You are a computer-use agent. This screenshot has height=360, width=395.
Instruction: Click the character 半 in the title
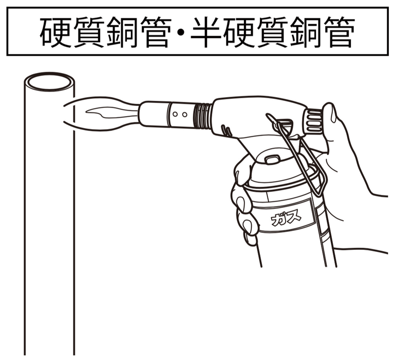206,32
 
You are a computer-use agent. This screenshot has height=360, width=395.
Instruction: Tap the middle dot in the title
182,33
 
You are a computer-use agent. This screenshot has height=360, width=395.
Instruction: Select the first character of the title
55,32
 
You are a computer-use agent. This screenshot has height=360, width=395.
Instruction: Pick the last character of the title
340,32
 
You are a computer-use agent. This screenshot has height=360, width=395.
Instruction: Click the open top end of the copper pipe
49,82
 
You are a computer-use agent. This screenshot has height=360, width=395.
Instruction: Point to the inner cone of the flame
111,113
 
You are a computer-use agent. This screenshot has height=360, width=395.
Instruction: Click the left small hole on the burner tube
175,114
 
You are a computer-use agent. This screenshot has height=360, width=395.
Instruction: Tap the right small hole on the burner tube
184,115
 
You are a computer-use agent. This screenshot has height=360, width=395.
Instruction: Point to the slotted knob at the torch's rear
313,121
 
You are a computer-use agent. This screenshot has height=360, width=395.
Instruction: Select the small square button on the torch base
272,159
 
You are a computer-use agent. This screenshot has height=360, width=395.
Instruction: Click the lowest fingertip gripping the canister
250,239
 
